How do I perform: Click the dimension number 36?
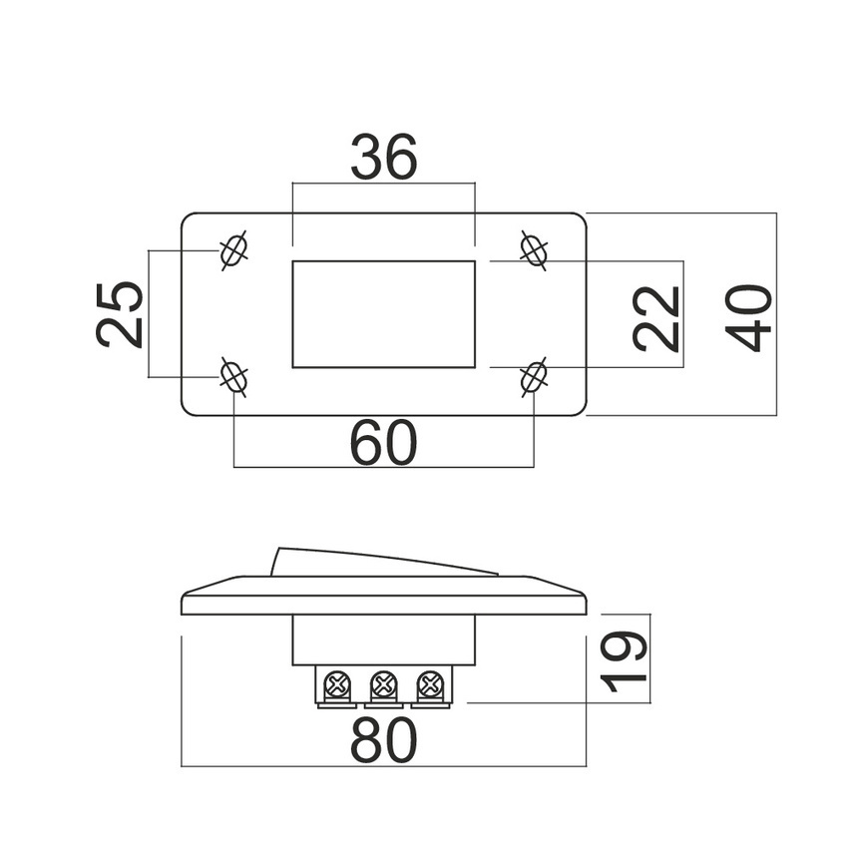point(384,157)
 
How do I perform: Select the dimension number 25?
point(119,314)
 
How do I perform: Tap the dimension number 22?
point(655,319)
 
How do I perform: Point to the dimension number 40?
point(749,318)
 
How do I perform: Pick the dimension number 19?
point(625,661)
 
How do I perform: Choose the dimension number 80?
point(384,740)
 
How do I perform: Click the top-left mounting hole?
point(233,251)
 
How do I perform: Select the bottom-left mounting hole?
point(234,377)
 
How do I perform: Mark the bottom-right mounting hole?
point(534,377)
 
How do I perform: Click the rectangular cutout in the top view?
point(384,314)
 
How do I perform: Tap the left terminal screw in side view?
point(337,684)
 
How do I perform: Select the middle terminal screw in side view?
point(384,684)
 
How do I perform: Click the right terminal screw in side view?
point(431,684)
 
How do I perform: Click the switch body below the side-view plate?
point(384,640)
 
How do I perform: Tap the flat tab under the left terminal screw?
point(337,705)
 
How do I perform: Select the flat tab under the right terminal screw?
point(431,705)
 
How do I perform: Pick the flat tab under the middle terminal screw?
point(384,705)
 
